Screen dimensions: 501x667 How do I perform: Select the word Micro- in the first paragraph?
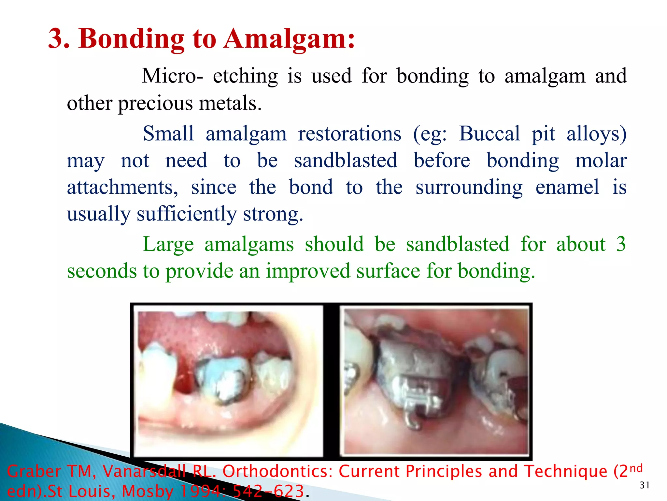pos(173,76)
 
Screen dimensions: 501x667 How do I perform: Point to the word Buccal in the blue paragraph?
pos(490,134)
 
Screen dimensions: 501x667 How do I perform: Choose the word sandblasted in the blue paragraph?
pos(346,160)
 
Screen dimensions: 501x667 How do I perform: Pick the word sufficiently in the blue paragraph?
pos(187,214)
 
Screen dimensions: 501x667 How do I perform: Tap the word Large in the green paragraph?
pos(168,245)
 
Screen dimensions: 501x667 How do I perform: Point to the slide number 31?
pos(645,485)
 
